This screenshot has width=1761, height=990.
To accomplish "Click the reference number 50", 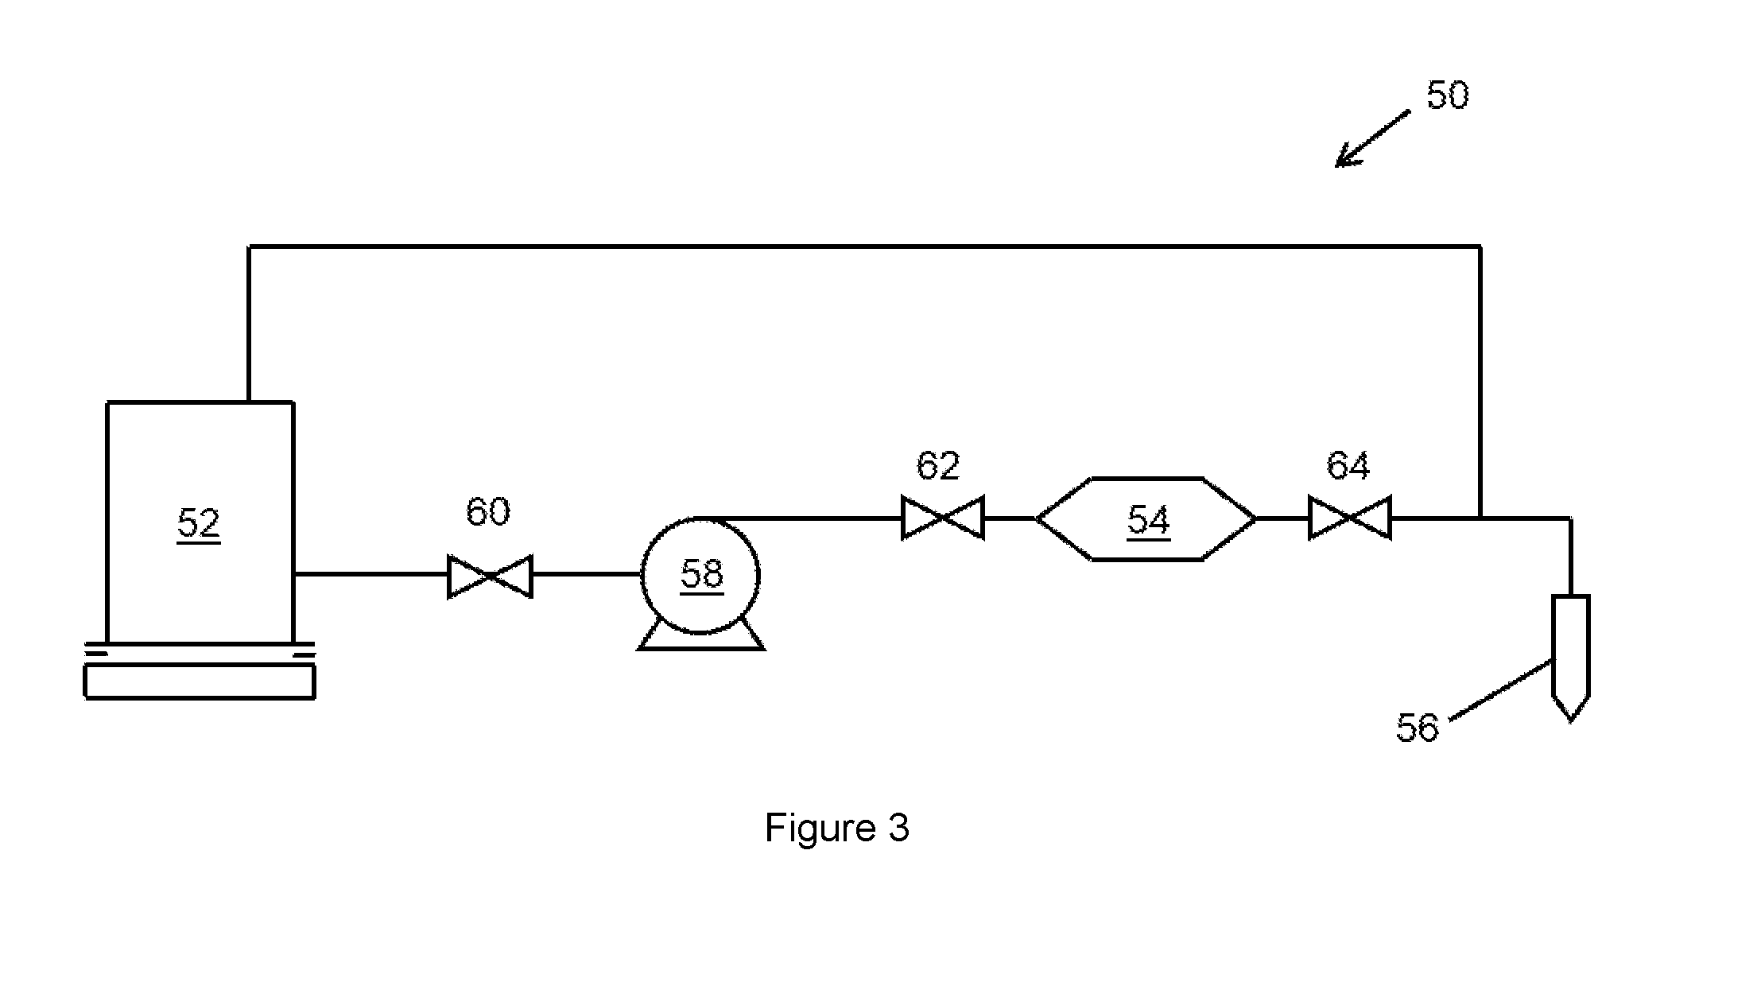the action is coord(1447,95).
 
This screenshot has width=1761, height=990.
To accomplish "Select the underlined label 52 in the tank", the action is coord(199,524).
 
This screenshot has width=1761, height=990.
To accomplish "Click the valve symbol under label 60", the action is coord(490,577).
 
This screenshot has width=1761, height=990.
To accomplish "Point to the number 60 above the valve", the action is coord(487,511).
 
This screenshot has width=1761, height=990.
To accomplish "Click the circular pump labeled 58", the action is coord(700,576).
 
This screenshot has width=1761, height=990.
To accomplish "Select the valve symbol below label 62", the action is coord(943,518).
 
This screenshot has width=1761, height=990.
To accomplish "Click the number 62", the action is coord(938,465).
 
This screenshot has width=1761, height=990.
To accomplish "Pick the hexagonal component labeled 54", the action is coord(1146,519).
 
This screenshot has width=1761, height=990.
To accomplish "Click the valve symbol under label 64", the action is coord(1350,518).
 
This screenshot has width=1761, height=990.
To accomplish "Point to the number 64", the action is coord(1348,466).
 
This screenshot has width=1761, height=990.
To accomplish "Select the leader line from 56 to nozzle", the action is coord(1501,690).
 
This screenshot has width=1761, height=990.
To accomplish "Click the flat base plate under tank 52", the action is coord(200,682).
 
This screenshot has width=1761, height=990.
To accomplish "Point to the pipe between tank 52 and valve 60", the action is coord(370,573).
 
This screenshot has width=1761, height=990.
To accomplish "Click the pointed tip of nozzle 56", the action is coord(1570,721).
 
